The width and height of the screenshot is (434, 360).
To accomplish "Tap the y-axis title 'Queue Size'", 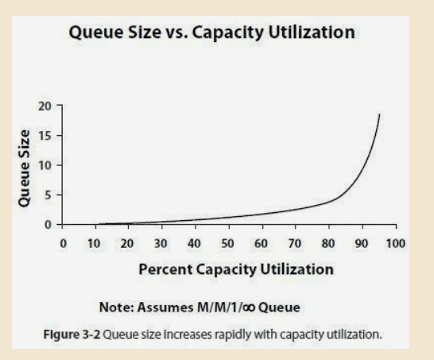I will pos(25,168).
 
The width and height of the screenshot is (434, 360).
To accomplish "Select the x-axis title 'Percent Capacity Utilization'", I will pos(235,269).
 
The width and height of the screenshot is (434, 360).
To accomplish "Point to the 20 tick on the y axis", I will pos(47,106).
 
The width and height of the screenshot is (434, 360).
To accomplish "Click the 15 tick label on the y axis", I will pos(47,135).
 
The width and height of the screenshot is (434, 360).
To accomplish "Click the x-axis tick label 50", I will pos(227,242).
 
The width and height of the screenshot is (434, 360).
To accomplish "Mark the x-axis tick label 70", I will pos(294,242).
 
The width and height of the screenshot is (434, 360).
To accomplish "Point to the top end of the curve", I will pos(379,114).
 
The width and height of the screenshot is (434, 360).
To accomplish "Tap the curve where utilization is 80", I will pos(327,203).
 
